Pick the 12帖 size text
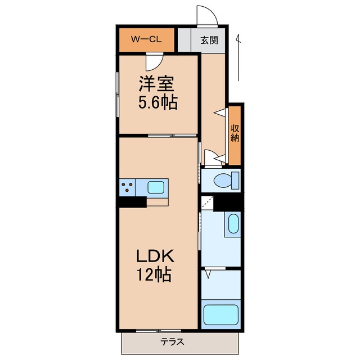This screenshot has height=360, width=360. point(153,276)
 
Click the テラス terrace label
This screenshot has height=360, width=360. point(172,341)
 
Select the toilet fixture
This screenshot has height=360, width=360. point(228,181)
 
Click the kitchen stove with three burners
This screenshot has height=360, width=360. point(127,186)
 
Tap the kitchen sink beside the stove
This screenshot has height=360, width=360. point(155,186)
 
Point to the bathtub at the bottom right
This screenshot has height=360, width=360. point(221,316)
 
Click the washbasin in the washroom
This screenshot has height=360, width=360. point(231,225)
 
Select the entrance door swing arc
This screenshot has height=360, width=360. point(204,14)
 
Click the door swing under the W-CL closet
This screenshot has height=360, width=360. point(153,60)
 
